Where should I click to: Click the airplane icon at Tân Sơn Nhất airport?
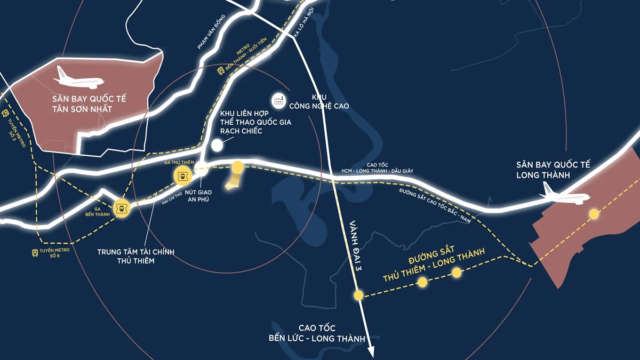79,78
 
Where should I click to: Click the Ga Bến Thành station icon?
122,208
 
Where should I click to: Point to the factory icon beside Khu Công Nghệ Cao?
278,99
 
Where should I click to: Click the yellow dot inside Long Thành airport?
594,214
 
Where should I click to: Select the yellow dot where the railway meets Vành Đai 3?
358,295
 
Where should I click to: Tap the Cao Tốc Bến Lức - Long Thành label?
317,333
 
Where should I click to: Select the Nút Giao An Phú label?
198,195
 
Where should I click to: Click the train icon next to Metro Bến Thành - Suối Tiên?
221,71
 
